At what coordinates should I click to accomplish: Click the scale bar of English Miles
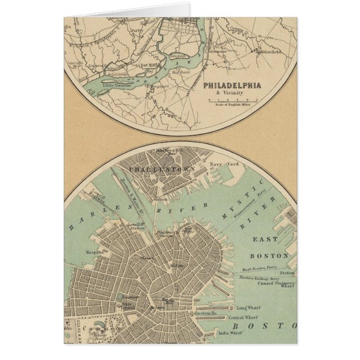[233, 101]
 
